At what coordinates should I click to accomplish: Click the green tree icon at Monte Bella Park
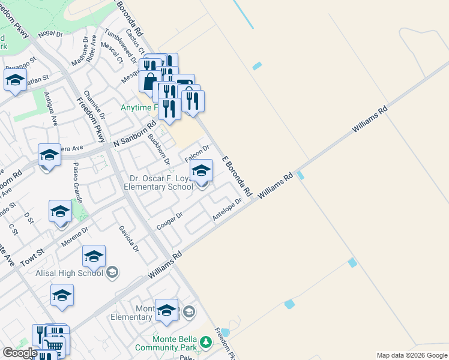[x=206, y=343]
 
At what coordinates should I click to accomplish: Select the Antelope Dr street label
[x=228, y=210]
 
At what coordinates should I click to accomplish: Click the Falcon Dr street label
[x=197, y=154]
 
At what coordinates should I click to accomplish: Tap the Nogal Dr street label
[x=50, y=34]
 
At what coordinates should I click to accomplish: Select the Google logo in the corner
[x=19, y=352]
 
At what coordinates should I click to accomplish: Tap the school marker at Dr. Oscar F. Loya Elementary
[x=202, y=171]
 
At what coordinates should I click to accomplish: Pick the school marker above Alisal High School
[x=94, y=257]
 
